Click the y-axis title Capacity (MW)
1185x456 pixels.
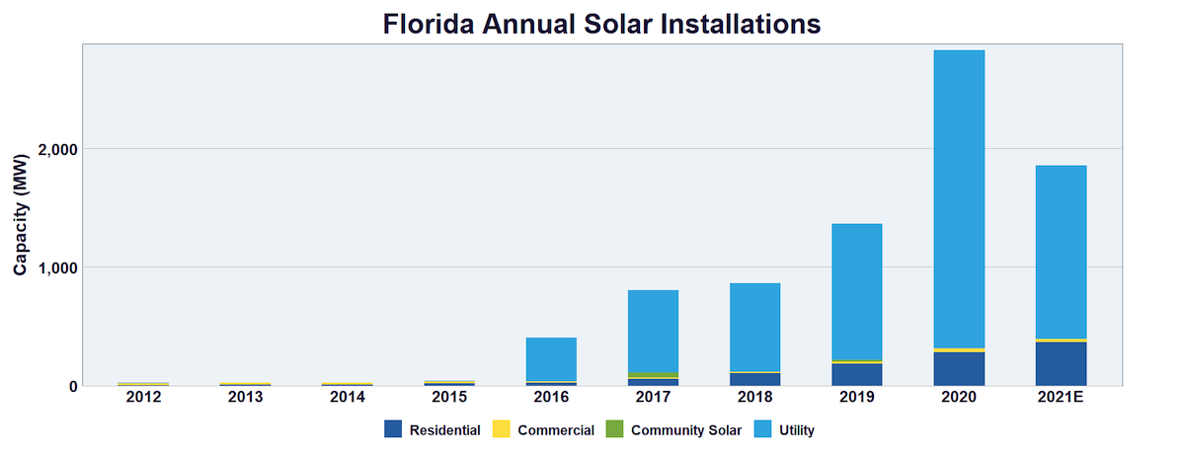pos(21,215)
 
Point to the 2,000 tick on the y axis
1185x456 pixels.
pos(57,149)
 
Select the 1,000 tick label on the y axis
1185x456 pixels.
pos(57,267)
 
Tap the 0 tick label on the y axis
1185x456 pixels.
pos(72,386)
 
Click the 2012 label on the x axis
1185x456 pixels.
pos(143,398)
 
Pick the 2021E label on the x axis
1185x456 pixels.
pos(1061,398)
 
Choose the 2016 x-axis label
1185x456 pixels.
pos(551,398)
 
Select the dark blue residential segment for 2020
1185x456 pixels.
pos(959,369)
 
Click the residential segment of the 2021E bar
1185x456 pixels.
pos(1061,364)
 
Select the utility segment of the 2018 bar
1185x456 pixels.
pos(755,327)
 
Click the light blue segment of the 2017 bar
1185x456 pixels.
pos(653,332)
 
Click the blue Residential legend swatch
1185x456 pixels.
pos(393,429)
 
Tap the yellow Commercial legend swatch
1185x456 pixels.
pos(501,429)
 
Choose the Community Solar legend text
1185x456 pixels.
pos(685,430)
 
